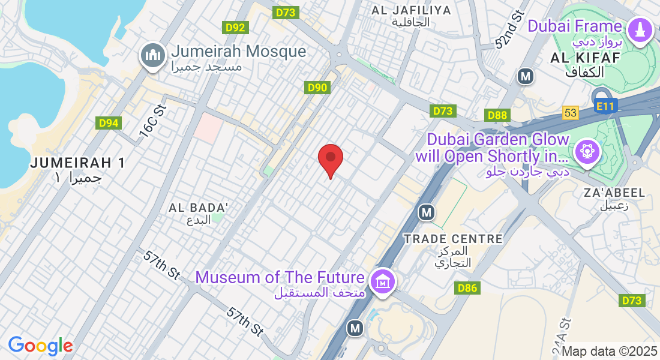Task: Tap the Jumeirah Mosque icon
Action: pos(152,56)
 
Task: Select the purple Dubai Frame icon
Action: pos(640,29)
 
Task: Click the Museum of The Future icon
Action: pos(382,280)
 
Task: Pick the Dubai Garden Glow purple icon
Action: pos(587,151)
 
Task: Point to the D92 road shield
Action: pos(236,27)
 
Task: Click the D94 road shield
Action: pos(109,123)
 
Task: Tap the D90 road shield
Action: pos(317,88)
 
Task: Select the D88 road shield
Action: pos(497,115)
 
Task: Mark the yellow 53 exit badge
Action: pos(570,113)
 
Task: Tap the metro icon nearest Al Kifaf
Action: pos(526,76)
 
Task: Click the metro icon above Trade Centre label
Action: pos(426,212)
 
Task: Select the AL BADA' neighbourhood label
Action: pos(199,208)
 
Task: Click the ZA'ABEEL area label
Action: pos(613,193)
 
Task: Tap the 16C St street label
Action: pos(152,123)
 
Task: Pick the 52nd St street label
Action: pos(510,35)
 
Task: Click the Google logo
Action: pos(40,346)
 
